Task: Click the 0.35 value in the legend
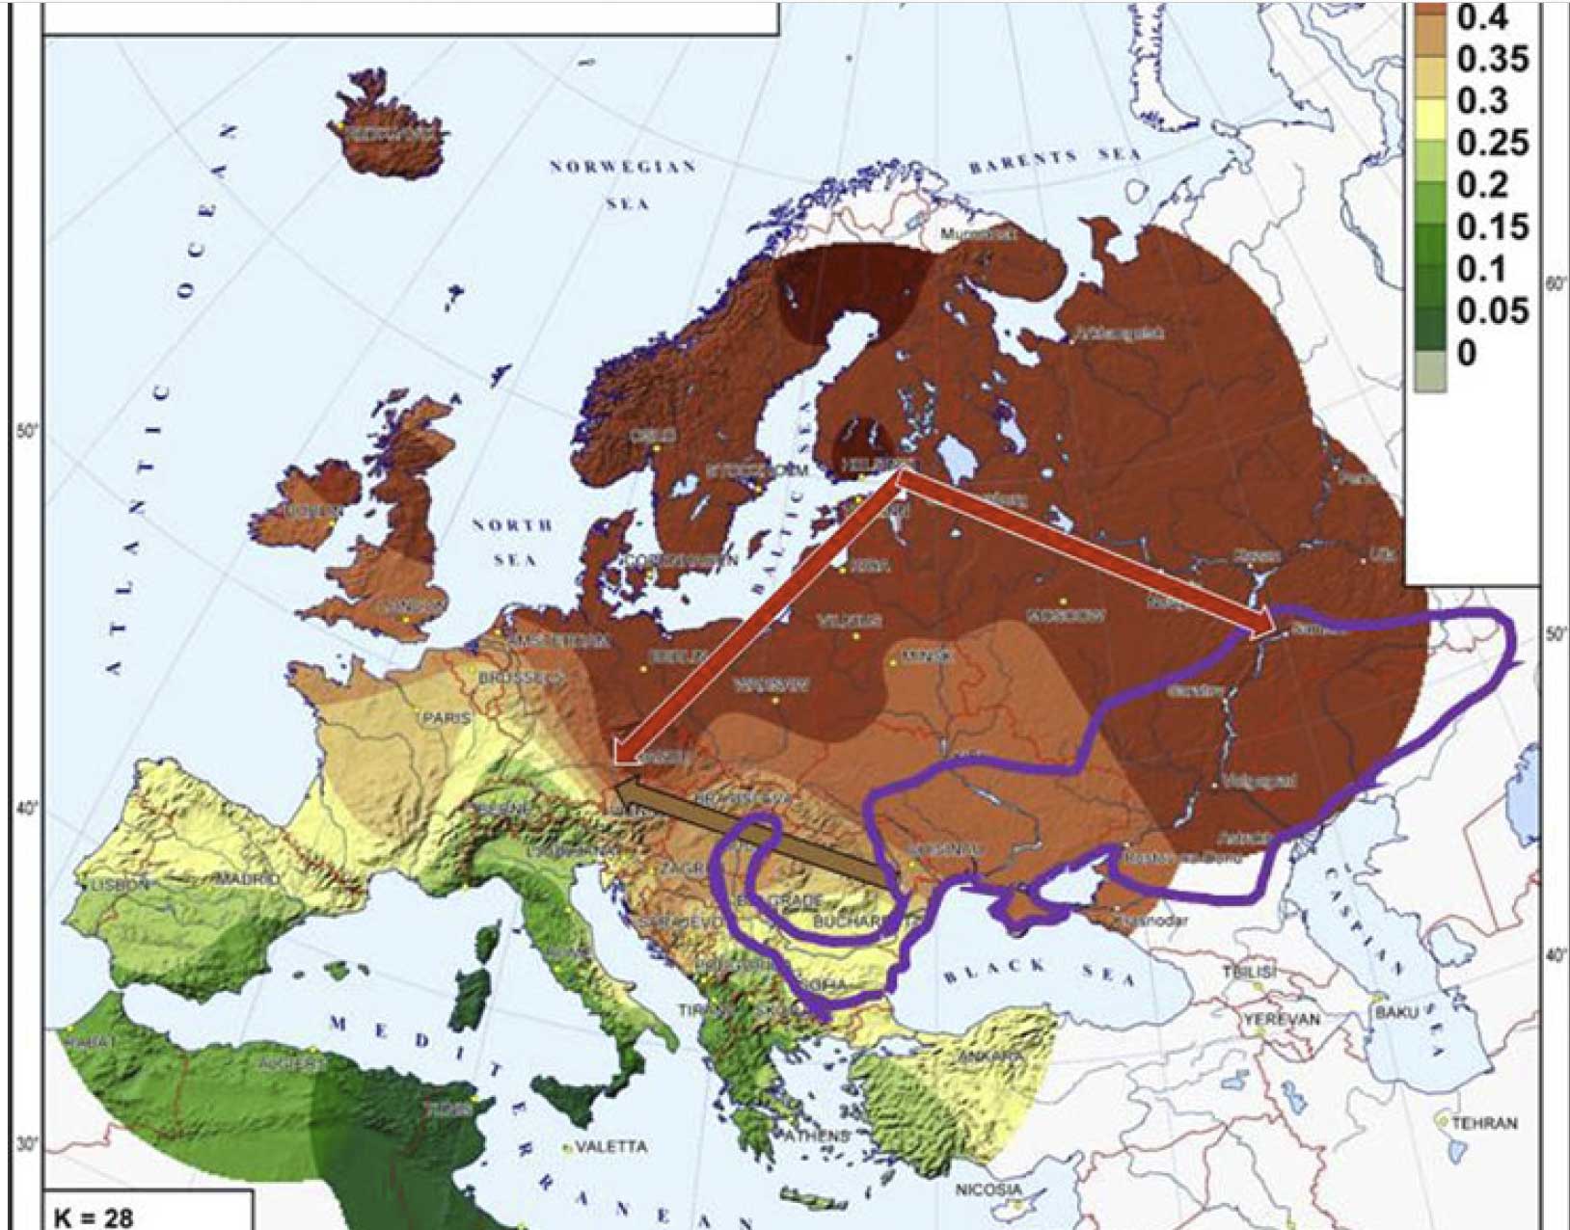pyautogui.click(x=1492, y=59)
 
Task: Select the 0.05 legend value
pyautogui.click(x=1492, y=310)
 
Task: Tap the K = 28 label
pyautogui.click(x=94, y=1217)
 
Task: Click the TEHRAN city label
pyautogui.click(x=1484, y=1123)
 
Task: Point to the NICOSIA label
pyautogui.click(x=988, y=1190)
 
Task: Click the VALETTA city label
pyautogui.click(x=611, y=1146)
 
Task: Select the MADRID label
pyautogui.click(x=246, y=879)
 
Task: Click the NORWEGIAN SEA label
pyautogui.click(x=623, y=183)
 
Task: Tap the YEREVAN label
pyautogui.click(x=1282, y=1019)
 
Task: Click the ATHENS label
pyautogui.click(x=817, y=1136)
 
